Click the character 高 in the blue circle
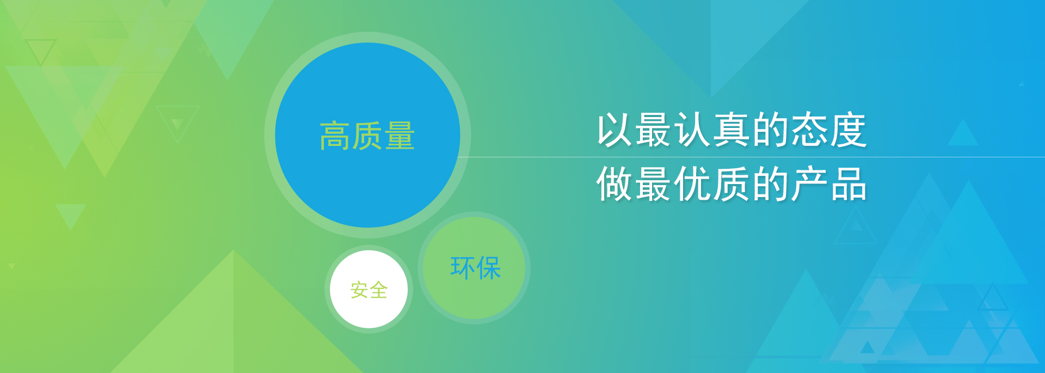click(x=335, y=136)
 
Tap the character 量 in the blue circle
click(x=400, y=136)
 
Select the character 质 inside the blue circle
click(x=367, y=136)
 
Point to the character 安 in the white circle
click(x=359, y=290)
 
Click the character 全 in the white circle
click(x=378, y=290)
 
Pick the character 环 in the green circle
click(x=463, y=268)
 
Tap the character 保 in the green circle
click(x=488, y=268)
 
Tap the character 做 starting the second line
click(x=615, y=184)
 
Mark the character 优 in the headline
click(x=693, y=184)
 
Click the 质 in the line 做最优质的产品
click(x=732, y=184)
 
